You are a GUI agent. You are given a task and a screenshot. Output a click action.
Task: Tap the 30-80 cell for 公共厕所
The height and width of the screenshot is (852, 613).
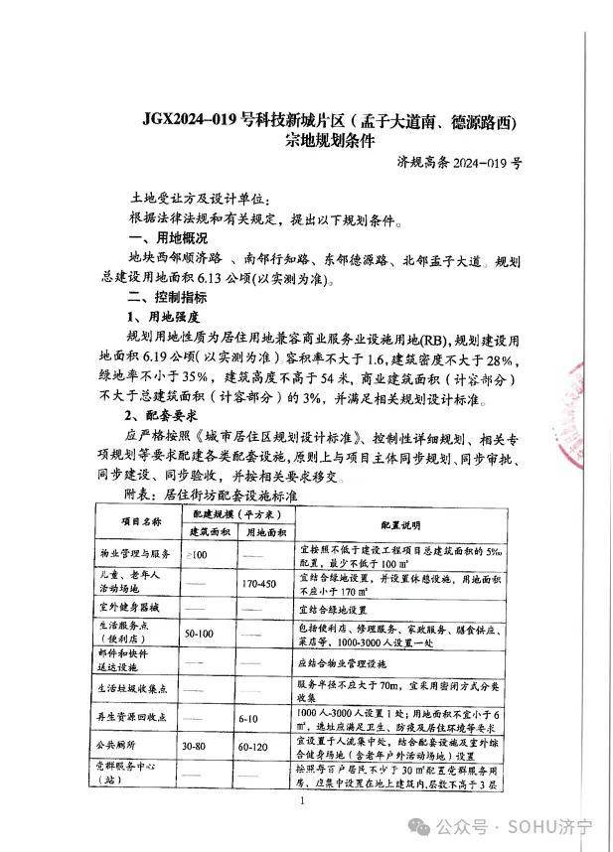coord(200,742)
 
